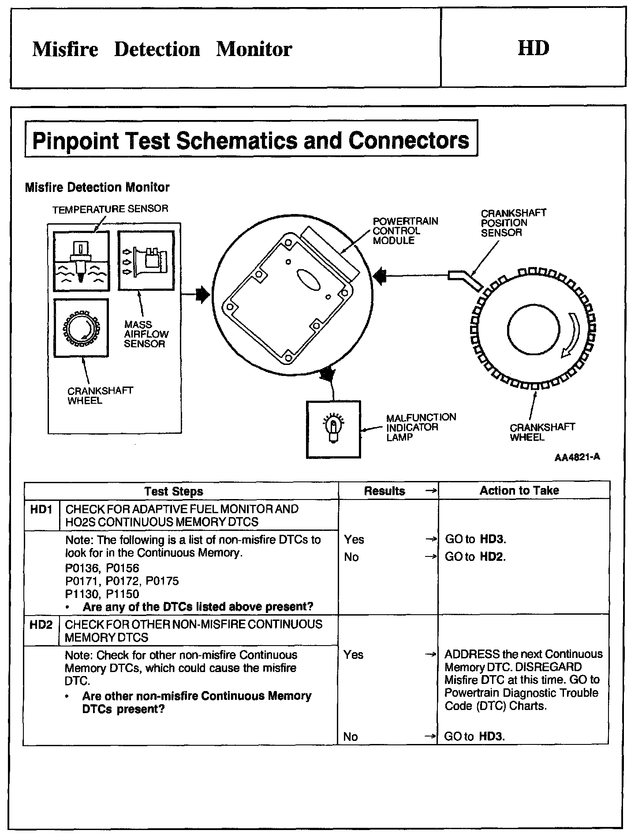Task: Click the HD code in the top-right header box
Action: [x=534, y=48]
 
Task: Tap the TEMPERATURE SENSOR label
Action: [x=110, y=209]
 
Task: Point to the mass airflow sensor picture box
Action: [x=146, y=261]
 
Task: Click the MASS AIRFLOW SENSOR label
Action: [x=146, y=334]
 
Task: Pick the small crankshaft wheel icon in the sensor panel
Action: [x=81, y=328]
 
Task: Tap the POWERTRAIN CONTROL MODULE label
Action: [x=405, y=231]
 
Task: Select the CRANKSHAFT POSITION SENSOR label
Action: [x=513, y=223]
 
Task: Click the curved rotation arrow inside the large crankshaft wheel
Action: [x=572, y=334]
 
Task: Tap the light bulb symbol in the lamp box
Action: [x=333, y=427]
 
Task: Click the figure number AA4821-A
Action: [x=577, y=457]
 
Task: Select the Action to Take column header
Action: [x=519, y=490]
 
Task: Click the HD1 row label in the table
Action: [x=41, y=510]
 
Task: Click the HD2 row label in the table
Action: [x=41, y=625]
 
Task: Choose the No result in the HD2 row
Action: [x=351, y=736]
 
